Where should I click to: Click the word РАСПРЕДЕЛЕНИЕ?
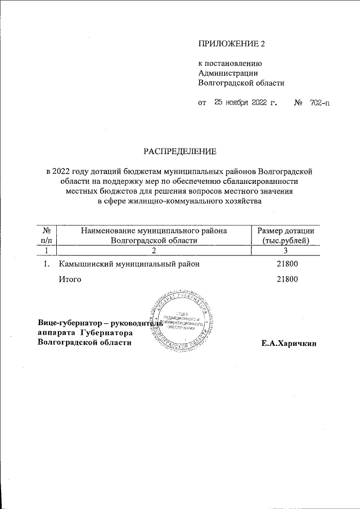click(179, 151)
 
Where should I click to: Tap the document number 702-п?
click(319, 103)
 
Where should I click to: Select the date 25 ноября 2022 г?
click(246, 103)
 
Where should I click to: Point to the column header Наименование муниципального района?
click(154, 231)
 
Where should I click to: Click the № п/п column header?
click(48, 236)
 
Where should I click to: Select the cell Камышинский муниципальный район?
click(129, 263)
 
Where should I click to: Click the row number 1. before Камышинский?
click(48, 263)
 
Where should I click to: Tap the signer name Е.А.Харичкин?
click(289, 343)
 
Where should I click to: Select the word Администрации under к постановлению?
click(228, 73)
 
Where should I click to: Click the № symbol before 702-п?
click(299, 103)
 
